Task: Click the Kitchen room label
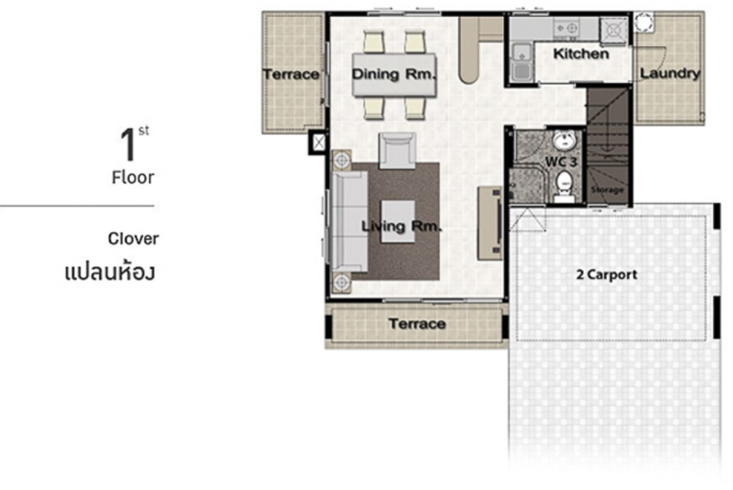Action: (x=581, y=54)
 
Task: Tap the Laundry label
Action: (x=669, y=73)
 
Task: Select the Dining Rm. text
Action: (x=394, y=74)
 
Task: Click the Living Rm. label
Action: (x=402, y=227)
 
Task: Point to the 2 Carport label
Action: (x=606, y=275)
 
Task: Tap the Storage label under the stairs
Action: (x=607, y=190)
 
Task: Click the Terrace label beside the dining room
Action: (x=291, y=74)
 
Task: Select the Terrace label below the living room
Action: (x=417, y=324)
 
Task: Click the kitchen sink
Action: (x=520, y=60)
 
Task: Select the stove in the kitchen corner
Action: (x=613, y=29)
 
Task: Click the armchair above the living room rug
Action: (x=397, y=150)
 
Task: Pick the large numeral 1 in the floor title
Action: (x=129, y=144)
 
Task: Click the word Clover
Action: (x=134, y=238)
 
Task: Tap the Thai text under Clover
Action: (x=109, y=273)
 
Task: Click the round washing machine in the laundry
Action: (x=643, y=21)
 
